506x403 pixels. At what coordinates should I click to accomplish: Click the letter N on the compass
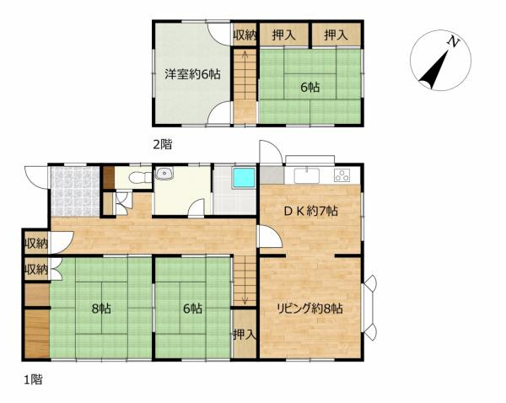pyautogui.click(x=454, y=42)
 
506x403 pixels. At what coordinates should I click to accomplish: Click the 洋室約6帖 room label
pyautogui.click(x=192, y=74)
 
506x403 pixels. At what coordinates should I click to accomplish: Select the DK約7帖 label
pyautogui.click(x=310, y=211)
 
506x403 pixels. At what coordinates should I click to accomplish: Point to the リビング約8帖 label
pyautogui.click(x=310, y=309)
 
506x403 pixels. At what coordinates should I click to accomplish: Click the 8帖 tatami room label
pyautogui.click(x=101, y=309)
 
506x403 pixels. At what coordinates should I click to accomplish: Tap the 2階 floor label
pyautogui.click(x=162, y=144)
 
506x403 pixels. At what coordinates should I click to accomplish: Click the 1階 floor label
pyautogui.click(x=33, y=379)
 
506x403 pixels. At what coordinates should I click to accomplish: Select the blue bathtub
pyautogui.click(x=245, y=178)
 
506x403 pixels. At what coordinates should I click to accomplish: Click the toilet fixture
pyautogui.click(x=140, y=177)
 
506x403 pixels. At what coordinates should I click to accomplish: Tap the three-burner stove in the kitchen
pyautogui.click(x=342, y=175)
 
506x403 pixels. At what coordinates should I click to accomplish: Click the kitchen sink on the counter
pyautogui.click(x=306, y=175)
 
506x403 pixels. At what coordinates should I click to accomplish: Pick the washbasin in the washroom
pyautogui.click(x=164, y=174)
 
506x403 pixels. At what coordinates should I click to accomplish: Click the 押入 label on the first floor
pyautogui.click(x=245, y=335)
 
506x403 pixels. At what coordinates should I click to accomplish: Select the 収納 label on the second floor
pyautogui.click(x=245, y=35)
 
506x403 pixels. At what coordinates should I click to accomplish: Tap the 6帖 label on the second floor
pyautogui.click(x=310, y=87)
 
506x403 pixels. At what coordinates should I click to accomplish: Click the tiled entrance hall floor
pyautogui.click(x=75, y=191)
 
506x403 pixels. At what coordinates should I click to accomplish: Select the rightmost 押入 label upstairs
pyautogui.click(x=336, y=35)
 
